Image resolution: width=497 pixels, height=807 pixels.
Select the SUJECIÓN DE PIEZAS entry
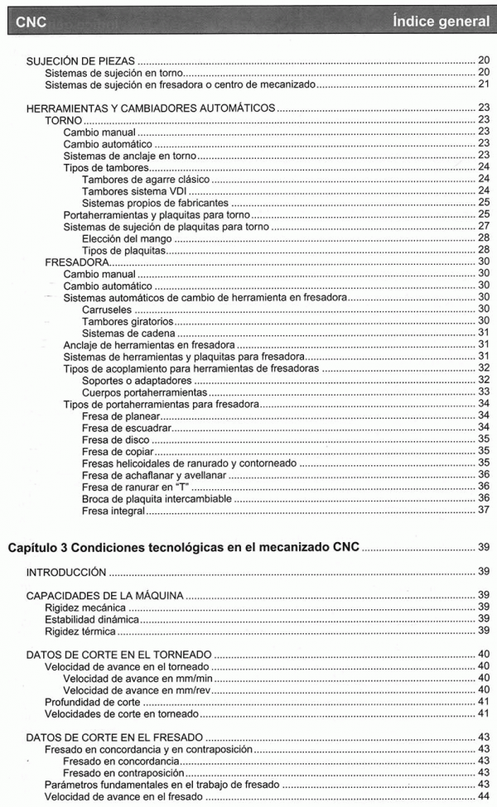[81, 61]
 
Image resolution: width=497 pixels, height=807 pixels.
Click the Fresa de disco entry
[119, 438]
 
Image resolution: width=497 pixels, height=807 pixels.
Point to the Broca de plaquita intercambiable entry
[157, 497]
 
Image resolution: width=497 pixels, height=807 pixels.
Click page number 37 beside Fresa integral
[485, 510]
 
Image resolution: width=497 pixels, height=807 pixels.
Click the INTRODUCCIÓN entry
[66, 571]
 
